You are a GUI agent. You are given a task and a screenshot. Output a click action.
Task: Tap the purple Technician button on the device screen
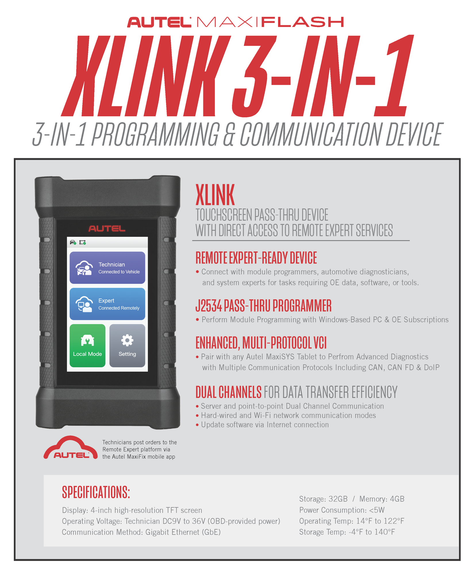click(x=107, y=268)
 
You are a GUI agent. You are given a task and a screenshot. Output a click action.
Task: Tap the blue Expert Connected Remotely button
click(x=107, y=304)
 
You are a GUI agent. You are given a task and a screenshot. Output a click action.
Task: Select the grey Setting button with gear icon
click(x=127, y=346)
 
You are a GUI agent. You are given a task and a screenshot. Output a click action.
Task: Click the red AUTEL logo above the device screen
click(x=107, y=229)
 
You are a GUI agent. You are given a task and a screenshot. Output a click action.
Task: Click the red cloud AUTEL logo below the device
click(x=71, y=448)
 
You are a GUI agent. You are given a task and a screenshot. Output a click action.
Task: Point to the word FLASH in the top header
click(x=303, y=22)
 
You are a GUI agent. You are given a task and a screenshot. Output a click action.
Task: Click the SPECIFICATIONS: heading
click(x=96, y=492)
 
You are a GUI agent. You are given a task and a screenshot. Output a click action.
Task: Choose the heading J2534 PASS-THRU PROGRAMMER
click(x=263, y=306)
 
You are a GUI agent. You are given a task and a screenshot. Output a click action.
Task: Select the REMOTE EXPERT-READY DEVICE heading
click(x=256, y=258)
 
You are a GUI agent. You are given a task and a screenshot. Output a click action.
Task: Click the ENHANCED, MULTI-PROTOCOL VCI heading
click(x=261, y=343)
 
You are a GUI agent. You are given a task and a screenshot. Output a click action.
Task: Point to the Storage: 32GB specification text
click(x=323, y=499)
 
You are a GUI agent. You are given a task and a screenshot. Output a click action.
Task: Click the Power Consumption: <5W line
click(x=342, y=510)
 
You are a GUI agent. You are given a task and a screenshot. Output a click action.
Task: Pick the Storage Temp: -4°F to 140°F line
click(x=347, y=532)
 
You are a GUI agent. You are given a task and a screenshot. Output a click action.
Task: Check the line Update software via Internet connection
click(x=265, y=425)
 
